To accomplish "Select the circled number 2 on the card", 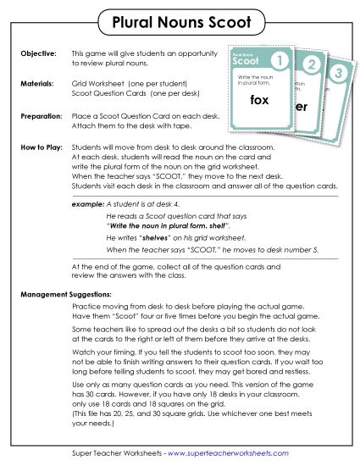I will click(312, 66).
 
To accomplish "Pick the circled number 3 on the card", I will click(338, 73).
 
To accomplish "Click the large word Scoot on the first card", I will click(243, 63).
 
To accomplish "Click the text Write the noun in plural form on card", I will click(251, 80).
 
